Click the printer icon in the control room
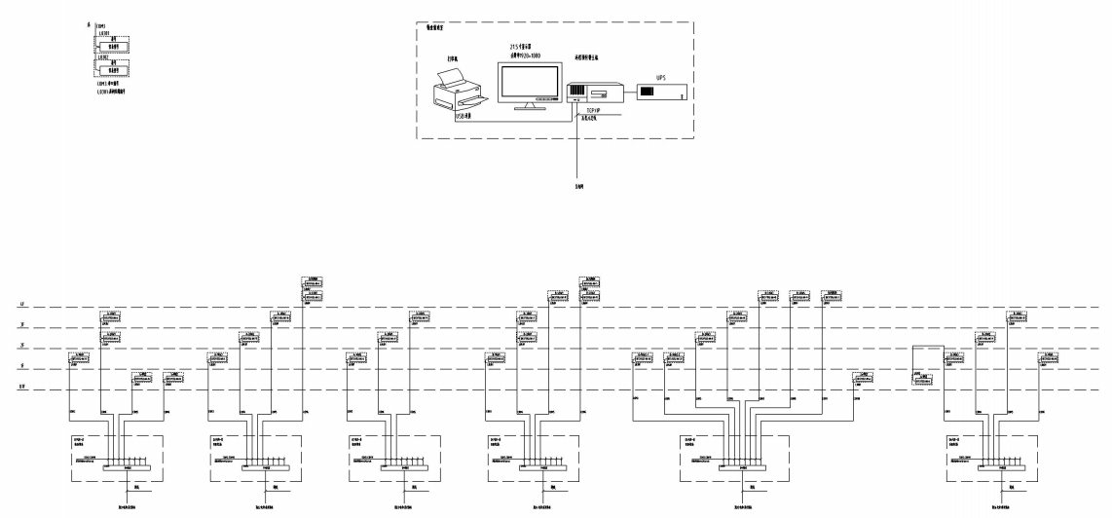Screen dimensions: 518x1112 click(458, 92)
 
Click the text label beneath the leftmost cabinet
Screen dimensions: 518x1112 click(119, 506)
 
